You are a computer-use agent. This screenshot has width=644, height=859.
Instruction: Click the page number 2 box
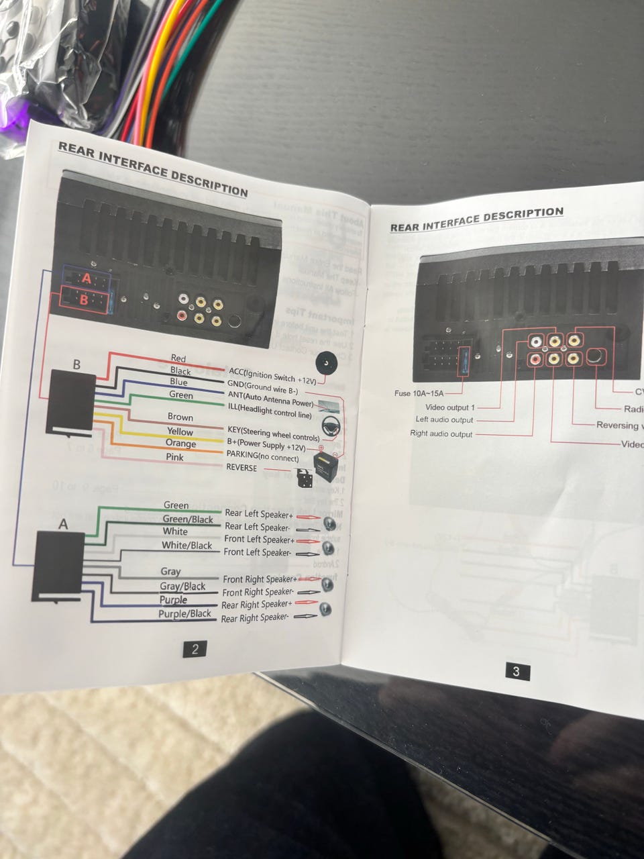(x=195, y=649)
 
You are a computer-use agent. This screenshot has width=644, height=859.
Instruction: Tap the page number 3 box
(x=516, y=671)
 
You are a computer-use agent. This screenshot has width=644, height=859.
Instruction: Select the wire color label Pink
(x=174, y=457)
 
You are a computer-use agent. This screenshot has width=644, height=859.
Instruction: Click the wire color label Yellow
(x=180, y=432)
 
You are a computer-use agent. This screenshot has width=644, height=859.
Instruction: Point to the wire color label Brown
(x=180, y=417)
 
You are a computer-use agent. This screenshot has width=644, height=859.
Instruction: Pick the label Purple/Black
(x=184, y=613)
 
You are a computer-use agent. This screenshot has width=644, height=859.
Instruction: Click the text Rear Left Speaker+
(x=259, y=514)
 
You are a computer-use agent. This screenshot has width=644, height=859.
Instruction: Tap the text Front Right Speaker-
(x=258, y=592)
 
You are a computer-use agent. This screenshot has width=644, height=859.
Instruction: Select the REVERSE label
(x=241, y=468)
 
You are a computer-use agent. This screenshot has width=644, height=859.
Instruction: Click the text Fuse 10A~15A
(x=419, y=393)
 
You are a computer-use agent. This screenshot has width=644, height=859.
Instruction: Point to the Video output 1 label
(x=449, y=407)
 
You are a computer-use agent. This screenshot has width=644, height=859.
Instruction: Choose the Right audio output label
(x=441, y=434)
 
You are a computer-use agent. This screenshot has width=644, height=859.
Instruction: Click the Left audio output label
(x=444, y=420)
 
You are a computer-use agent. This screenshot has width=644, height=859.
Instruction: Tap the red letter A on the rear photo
(x=86, y=278)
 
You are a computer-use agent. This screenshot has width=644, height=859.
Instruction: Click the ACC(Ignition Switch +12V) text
(x=272, y=374)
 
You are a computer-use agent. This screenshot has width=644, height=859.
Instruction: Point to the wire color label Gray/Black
(x=182, y=587)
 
